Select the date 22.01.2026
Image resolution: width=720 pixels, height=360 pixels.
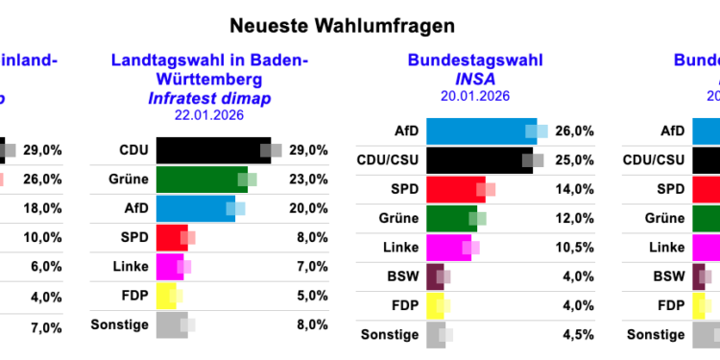[x=209, y=115]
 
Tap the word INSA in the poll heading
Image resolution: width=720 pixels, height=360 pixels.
[x=473, y=79]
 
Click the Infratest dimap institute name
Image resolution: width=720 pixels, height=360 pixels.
[x=209, y=97]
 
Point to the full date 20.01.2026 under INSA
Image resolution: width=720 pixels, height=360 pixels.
[x=473, y=97]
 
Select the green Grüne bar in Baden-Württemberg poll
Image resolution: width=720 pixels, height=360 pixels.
[x=201, y=180]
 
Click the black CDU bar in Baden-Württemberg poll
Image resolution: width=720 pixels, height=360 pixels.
[x=212, y=151]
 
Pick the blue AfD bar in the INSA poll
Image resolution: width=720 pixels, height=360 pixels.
[x=480, y=132]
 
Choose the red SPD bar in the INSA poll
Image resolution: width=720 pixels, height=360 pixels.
[x=455, y=189]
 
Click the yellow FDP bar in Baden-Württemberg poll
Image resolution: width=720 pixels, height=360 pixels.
[x=165, y=296]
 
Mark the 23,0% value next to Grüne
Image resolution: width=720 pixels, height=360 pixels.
[x=308, y=180]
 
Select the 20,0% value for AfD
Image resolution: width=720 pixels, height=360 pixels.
[x=308, y=208]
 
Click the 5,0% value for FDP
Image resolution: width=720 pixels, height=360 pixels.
[x=311, y=296]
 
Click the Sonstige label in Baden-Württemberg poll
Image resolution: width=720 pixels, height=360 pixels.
[x=120, y=324]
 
